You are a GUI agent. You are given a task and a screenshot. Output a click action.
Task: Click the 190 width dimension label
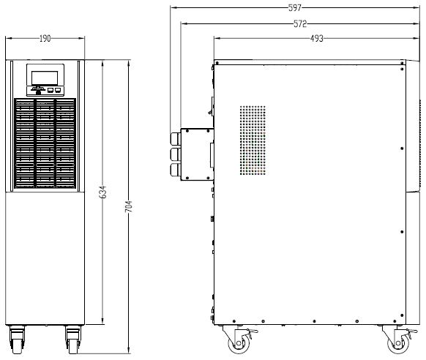(x=45, y=39)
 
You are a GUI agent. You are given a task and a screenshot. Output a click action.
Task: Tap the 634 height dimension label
(x=102, y=192)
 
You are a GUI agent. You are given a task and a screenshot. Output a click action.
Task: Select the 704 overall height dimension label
(x=129, y=206)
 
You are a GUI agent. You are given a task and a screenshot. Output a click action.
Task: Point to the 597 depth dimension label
(x=295, y=8)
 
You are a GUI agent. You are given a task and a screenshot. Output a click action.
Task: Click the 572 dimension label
(x=300, y=24)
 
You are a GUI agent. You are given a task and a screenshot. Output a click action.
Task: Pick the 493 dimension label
(x=317, y=39)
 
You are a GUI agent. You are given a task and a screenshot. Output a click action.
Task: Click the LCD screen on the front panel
(x=45, y=78)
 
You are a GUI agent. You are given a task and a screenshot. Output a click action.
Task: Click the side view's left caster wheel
(x=239, y=343)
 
